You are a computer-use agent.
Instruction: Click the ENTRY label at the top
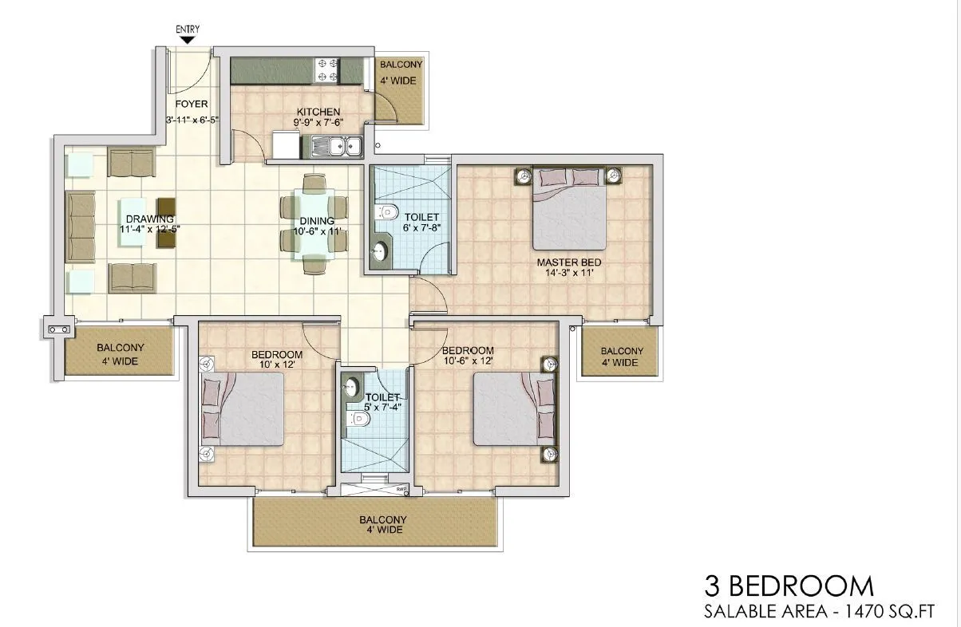click(x=188, y=30)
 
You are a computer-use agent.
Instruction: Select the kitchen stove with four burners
click(x=328, y=69)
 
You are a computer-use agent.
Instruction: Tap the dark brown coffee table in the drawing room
click(x=167, y=223)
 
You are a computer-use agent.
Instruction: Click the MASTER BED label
click(x=568, y=262)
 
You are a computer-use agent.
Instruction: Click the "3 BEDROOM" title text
click(x=789, y=586)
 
